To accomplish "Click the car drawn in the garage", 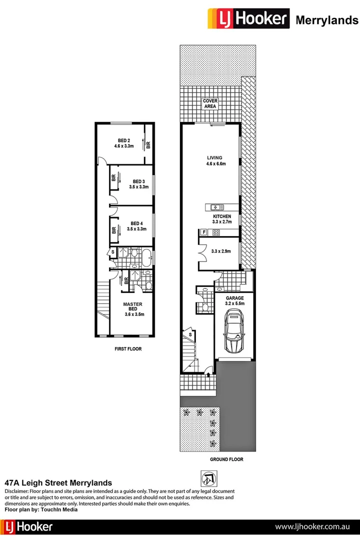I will pyautogui.click(x=234, y=332).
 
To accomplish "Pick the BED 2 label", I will pyautogui.click(x=124, y=140).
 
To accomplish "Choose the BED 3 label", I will pyautogui.click(x=138, y=181).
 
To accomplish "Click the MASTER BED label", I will pyautogui.click(x=133, y=304).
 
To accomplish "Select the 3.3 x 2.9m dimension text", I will pyautogui.click(x=221, y=251).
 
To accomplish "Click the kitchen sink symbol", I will pyautogui.click(x=216, y=206).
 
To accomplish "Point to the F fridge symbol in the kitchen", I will pyautogui.click(x=203, y=232).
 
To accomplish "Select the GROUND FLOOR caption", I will pyautogui.click(x=226, y=458).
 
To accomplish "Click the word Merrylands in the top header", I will pyautogui.click(x=327, y=20).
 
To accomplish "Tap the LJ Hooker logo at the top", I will pyautogui.click(x=248, y=19).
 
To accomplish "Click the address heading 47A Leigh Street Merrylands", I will pyautogui.click(x=58, y=483).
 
